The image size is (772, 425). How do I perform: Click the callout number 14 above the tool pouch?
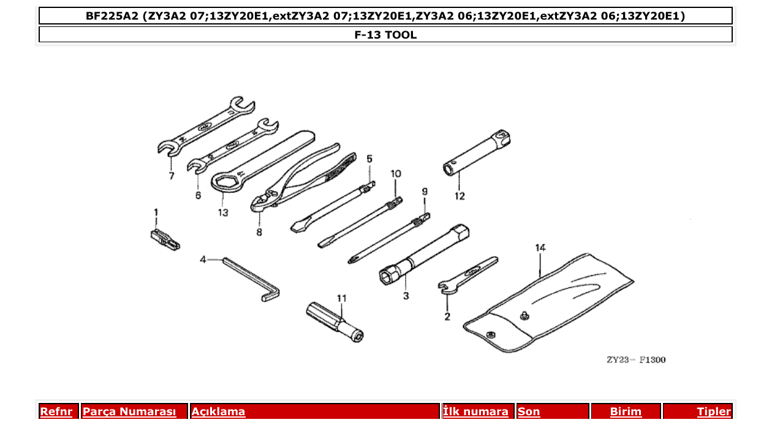tap(540, 248)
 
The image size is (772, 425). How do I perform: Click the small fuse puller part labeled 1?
tap(164, 239)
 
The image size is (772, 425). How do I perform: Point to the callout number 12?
tap(460, 197)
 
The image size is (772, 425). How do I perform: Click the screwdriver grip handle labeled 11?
tap(333, 321)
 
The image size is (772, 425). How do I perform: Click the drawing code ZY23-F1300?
tap(636, 359)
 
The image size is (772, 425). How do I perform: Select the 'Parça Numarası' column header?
tap(129, 412)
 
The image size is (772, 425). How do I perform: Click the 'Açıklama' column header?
tap(219, 412)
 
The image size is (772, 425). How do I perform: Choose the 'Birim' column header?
tap(626, 412)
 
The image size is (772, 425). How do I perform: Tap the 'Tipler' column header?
tap(713, 412)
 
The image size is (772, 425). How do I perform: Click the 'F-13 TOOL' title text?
tap(385, 35)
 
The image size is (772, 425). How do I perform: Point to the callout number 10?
tap(396, 174)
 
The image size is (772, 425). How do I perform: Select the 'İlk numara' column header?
tap(475, 412)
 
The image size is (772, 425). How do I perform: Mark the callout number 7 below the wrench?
tap(172, 176)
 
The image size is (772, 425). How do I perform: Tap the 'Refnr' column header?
tap(56, 412)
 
